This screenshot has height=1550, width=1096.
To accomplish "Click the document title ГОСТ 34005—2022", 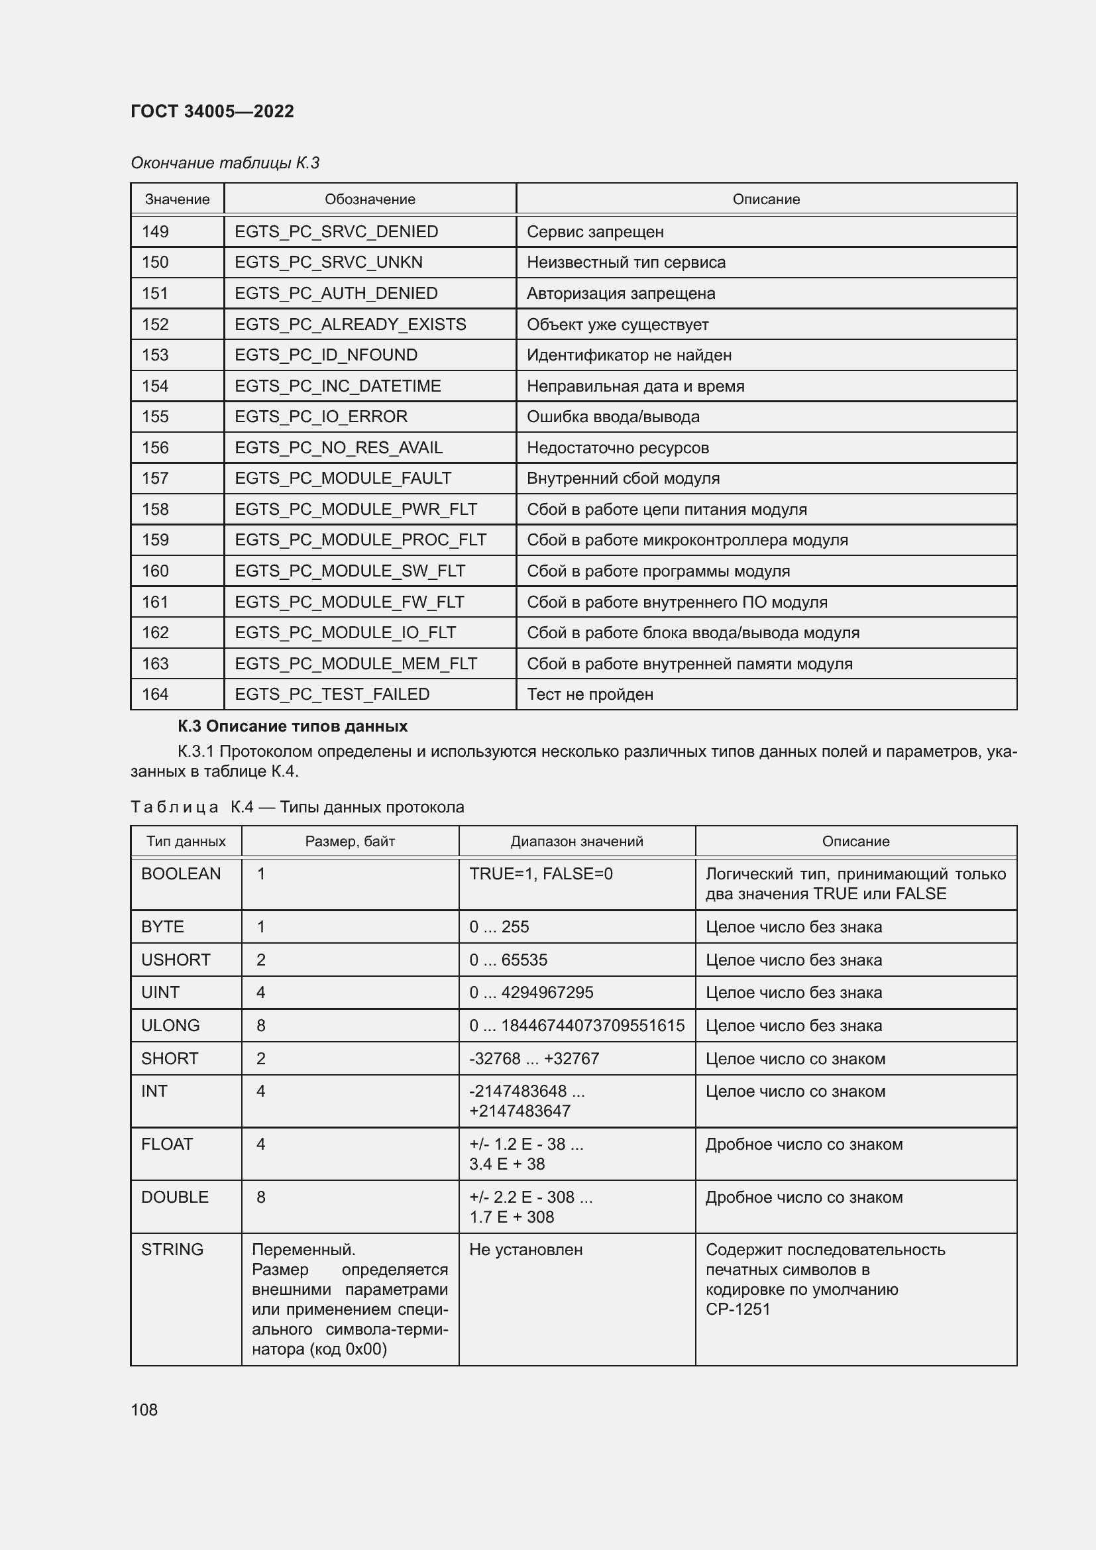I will [x=212, y=111].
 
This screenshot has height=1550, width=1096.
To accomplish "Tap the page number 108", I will [x=144, y=1410].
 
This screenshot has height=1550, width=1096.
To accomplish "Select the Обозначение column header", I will [x=370, y=199].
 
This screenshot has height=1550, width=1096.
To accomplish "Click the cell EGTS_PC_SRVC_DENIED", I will [x=336, y=231].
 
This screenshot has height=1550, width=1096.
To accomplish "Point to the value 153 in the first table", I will [x=155, y=355].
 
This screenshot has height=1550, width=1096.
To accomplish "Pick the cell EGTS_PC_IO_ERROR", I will [x=321, y=417].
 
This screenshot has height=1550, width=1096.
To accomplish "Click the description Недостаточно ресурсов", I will [x=618, y=447].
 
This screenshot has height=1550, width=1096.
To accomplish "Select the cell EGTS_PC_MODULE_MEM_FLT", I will [x=356, y=663].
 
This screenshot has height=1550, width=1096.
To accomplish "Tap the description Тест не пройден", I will [x=590, y=694].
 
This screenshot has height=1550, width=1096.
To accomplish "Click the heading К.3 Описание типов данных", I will [x=292, y=726].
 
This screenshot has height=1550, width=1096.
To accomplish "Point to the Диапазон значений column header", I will [x=576, y=841].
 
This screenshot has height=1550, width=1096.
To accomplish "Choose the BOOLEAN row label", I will [x=181, y=873].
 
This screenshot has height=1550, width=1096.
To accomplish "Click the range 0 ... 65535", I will [x=508, y=960].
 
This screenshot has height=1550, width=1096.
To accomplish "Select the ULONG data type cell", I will [x=170, y=1025].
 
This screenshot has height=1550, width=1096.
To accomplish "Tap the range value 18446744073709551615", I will [x=592, y=1025].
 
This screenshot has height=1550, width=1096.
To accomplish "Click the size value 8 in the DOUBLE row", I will [x=261, y=1197].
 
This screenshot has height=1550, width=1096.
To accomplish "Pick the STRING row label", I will [x=172, y=1250].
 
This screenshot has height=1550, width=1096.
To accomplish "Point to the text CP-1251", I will [x=738, y=1309].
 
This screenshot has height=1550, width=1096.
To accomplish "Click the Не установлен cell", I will [x=525, y=1250].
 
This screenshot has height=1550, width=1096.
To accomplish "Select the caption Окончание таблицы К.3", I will [x=225, y=163].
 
